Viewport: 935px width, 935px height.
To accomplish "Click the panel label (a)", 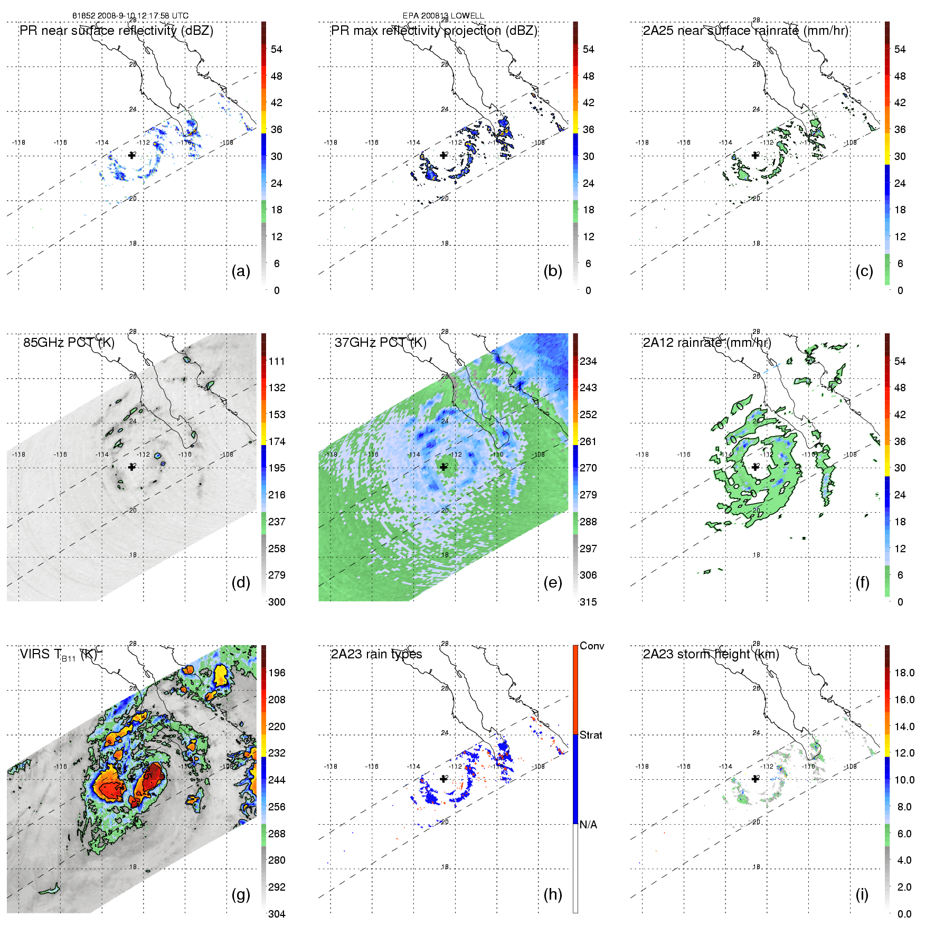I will (241, 271).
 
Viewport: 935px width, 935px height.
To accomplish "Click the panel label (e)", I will (553, 582).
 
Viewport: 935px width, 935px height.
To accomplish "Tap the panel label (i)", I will (862, 894).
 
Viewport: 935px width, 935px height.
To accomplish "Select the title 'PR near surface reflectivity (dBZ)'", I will (117, 31).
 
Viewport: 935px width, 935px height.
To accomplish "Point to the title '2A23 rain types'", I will (376, 654).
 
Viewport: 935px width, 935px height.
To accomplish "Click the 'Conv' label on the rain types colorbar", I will (592, 646).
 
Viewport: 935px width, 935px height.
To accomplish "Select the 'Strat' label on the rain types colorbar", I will (591, 735).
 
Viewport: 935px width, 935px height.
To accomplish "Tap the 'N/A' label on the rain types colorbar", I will (589, 825).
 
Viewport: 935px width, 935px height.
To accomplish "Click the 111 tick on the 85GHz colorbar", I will (277, 361).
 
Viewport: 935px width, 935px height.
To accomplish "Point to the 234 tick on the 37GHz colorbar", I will (588, 361).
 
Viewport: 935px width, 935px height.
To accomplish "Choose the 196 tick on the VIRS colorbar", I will (277, 673).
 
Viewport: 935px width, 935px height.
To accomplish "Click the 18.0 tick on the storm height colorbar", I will (904, 673).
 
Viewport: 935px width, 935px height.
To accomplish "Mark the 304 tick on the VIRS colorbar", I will (277, 914).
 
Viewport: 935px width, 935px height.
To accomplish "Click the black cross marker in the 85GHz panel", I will (132, 467).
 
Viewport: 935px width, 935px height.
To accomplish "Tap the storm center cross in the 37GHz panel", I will (443, 467).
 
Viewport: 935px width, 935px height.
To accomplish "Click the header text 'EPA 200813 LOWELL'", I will (443, 16).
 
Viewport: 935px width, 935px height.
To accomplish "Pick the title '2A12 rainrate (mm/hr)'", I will (707, 343).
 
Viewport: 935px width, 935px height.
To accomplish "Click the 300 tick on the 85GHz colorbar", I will (277, 602).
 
